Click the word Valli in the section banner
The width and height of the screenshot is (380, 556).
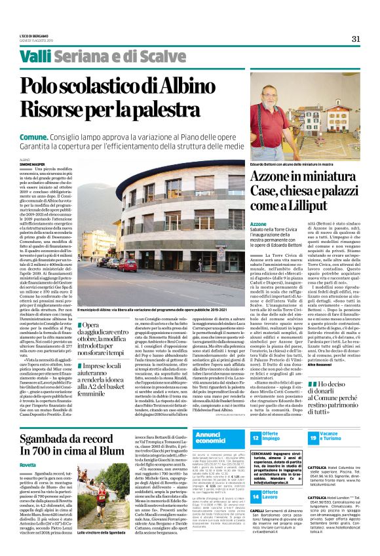click(35, 58)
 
